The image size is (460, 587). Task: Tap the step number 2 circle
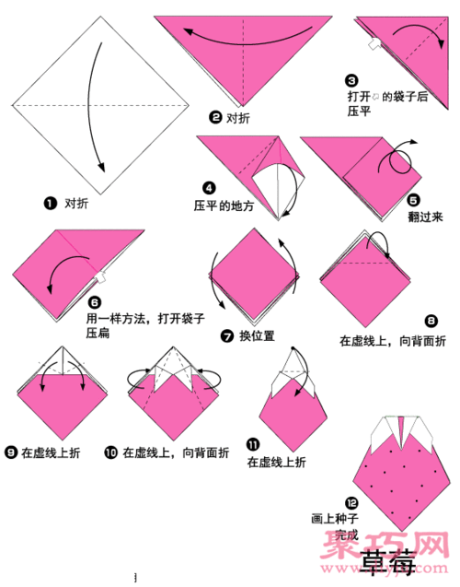[215, 117]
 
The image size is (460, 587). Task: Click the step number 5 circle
[414, 198]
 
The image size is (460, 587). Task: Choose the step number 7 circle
[226, 335]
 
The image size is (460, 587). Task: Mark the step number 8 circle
[431, 321]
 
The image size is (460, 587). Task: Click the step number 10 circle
[110, 452]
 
